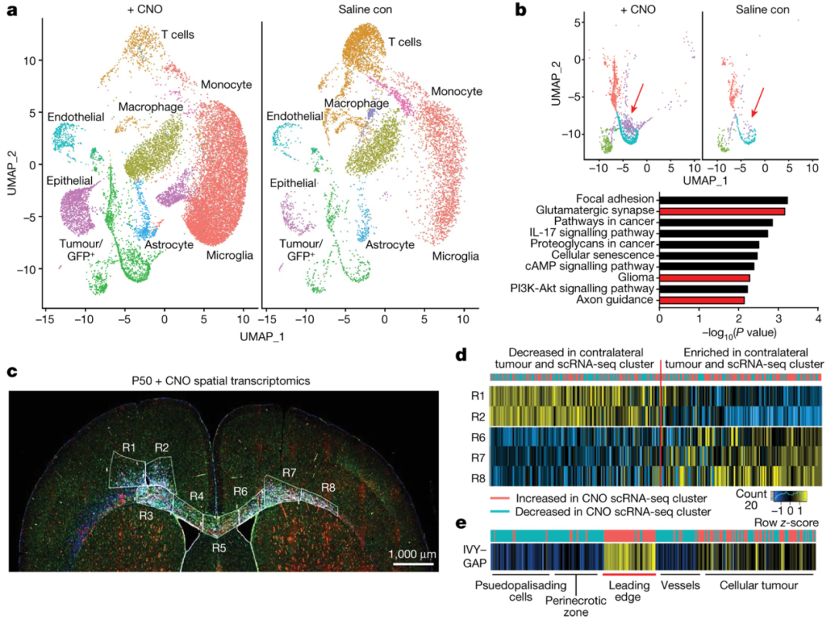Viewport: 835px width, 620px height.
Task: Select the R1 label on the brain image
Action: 128,446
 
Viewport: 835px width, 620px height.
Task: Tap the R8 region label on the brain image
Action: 328,487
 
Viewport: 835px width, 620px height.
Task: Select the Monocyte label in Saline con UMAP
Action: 455,92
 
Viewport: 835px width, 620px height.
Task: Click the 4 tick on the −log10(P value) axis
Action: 817,318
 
